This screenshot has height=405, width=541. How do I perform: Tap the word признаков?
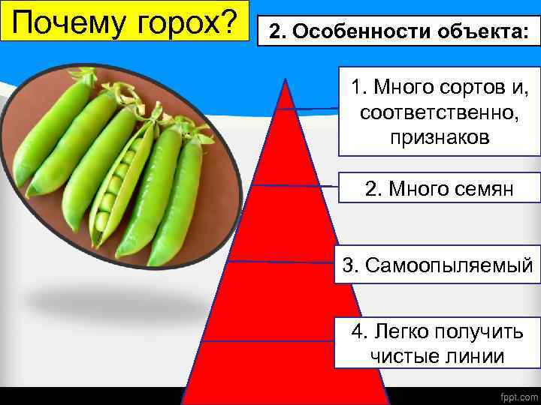point(440,137)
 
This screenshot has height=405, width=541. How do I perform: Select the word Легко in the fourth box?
point(398,331)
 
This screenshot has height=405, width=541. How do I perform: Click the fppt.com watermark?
point(515,393)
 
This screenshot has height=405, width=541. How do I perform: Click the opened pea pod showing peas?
point(116,187)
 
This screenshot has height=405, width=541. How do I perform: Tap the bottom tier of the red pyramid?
point(286,371)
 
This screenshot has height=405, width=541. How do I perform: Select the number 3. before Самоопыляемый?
point(350,265)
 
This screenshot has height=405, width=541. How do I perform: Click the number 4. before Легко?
point(358,331)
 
